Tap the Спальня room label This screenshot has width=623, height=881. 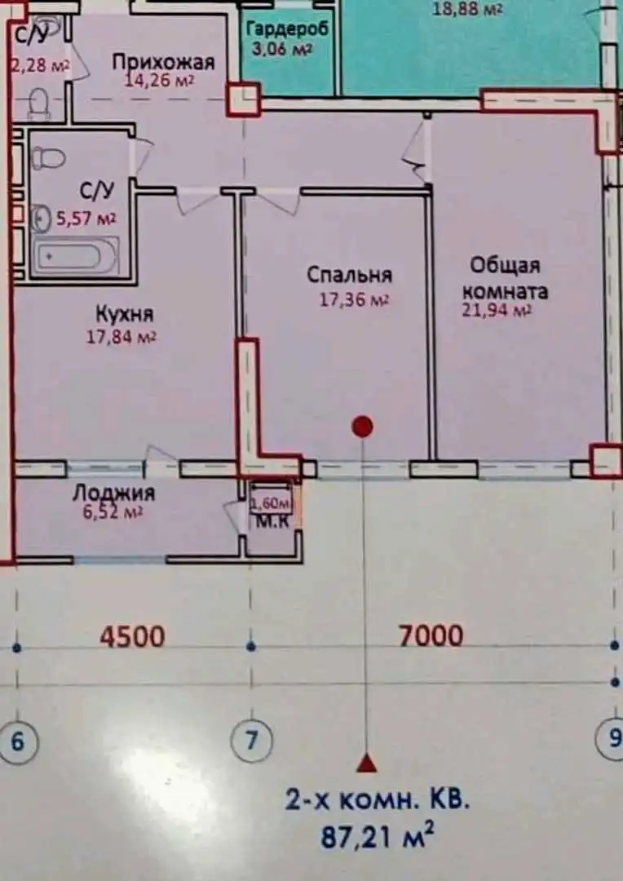(x=349, y=275)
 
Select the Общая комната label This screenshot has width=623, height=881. (x=505, y=278)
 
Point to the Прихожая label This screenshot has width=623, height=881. (x=163, y=62)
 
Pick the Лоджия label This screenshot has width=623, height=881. (x=113, y=493)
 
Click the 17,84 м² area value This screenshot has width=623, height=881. (x=122, y=336)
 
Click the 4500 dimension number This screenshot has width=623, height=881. (x=132, y=635)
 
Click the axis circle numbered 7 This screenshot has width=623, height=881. (x=250, y=741)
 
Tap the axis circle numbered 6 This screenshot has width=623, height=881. (x=18, y=742)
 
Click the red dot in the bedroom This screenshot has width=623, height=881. (x=362, y=426)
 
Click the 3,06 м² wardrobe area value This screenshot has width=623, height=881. (x=287, y=46)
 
